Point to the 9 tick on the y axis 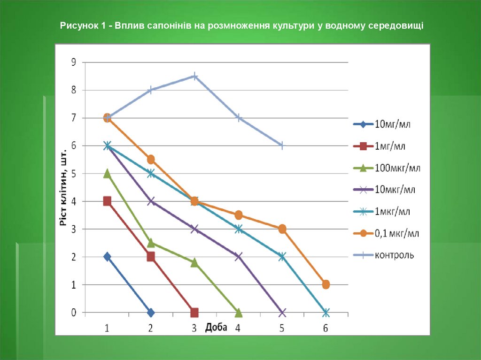[x=73, y=62]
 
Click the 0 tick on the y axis [x=73, y=313]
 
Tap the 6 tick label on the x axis [x=326, y=328]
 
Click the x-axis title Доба [x=216, y=327]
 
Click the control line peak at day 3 [x=194, y=76]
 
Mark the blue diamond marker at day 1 [x=107, y=257]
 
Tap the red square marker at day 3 [x=194, y=313]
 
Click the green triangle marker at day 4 [x=238, y=312]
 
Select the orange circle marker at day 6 [x=326, y=284]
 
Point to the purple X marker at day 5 [x=282, y=313]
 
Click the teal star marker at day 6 [x=326, y=313]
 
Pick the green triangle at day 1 [x=107, y=174]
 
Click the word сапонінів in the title [x=168, y=25]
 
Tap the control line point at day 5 [x=282, y=146]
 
